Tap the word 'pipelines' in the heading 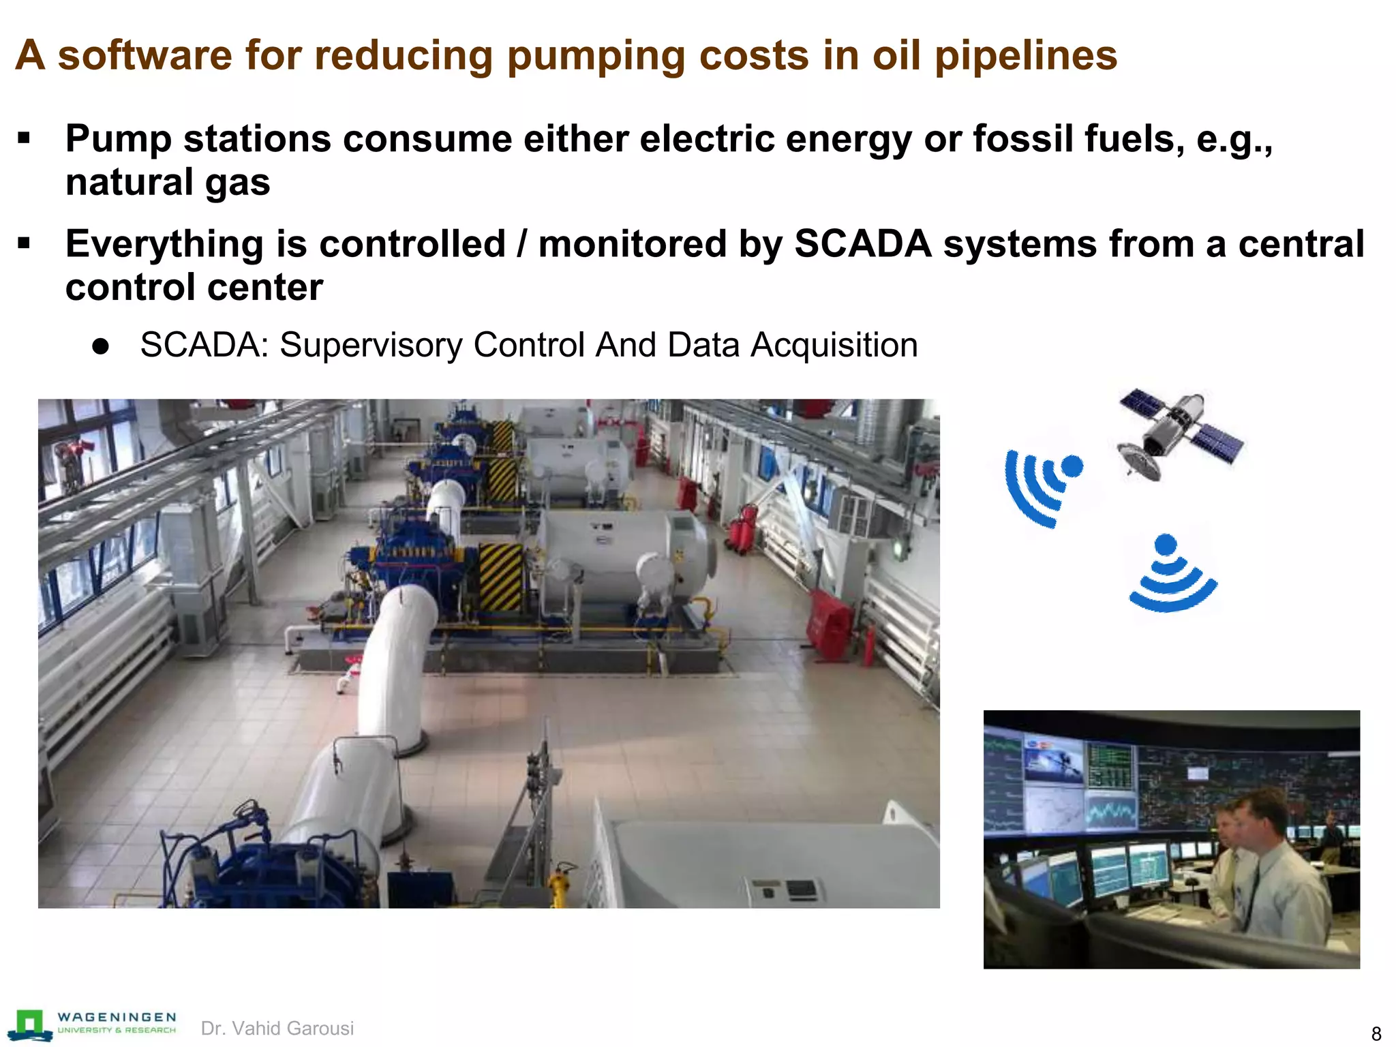(x=1025, y=56)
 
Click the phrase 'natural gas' (x=168, y=183)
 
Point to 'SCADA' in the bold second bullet (x=863, y=244)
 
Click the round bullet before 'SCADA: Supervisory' (x=101, y=346)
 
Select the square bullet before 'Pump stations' (x=25, y=139)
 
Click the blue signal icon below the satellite (x=1171, y=574)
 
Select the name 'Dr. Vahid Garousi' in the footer (x=277, y=1028)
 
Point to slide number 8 (x=1376, y=1033)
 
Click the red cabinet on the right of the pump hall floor (x=830, y=624)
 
